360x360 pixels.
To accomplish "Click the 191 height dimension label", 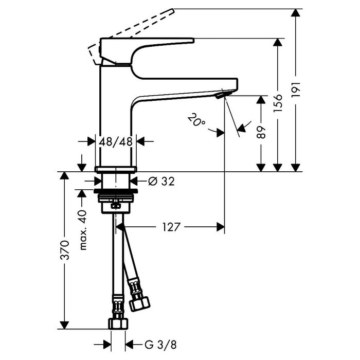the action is pos(296,89).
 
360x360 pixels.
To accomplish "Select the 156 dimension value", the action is pos(278,103).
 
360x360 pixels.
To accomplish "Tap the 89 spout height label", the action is pos(261,132).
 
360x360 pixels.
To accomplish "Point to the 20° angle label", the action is pos(196,120).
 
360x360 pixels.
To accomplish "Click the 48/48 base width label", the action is pos(116,141).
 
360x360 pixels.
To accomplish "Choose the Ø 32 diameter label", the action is pos(161,182).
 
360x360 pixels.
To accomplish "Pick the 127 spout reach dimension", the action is pos(171,227).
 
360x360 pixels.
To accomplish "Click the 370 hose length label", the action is pos(64,250).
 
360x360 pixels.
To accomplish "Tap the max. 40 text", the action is pos(83,230).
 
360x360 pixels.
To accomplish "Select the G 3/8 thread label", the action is pos(160,345).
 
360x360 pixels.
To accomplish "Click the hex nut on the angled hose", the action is pos(139,304).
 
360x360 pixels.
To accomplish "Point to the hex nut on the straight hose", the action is pos(118,324).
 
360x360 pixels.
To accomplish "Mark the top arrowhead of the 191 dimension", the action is pos(296,12).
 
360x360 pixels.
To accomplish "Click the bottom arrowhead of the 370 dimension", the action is pos(64,325).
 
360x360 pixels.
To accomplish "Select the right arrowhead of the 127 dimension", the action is pos(221,227).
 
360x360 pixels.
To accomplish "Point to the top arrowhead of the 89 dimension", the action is pos(261,99).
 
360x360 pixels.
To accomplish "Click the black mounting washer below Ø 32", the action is pos(116,191).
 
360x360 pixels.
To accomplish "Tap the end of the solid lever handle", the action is pos(192,41).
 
